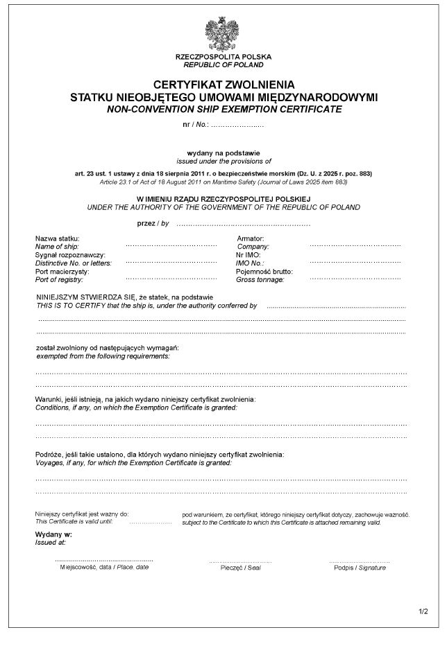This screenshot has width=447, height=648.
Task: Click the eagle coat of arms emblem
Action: point(223,32)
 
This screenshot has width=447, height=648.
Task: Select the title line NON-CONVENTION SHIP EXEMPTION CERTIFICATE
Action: point(223,110)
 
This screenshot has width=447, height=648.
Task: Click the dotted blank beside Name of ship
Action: point(171,246)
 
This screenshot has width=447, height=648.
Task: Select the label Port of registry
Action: point(61,279)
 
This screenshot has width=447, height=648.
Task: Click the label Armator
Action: point(251,238)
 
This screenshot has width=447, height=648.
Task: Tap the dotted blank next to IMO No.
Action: point(355,263)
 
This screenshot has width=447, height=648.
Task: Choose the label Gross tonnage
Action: point(260,279)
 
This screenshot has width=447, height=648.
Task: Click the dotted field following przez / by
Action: point(243,225)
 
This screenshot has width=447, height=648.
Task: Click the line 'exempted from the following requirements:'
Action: point(102,356)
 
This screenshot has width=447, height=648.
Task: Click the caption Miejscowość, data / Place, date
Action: point(104,567)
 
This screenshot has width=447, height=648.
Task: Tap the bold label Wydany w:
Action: point(54,536)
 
